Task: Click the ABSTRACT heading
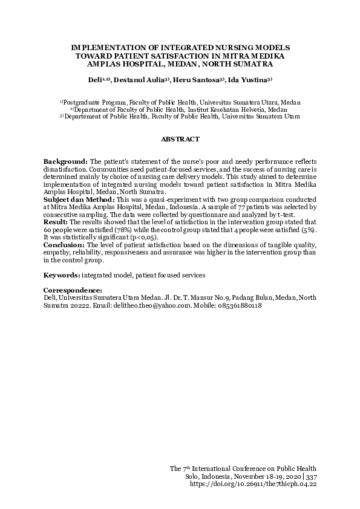(180, 140)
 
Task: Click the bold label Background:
(65, 162)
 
